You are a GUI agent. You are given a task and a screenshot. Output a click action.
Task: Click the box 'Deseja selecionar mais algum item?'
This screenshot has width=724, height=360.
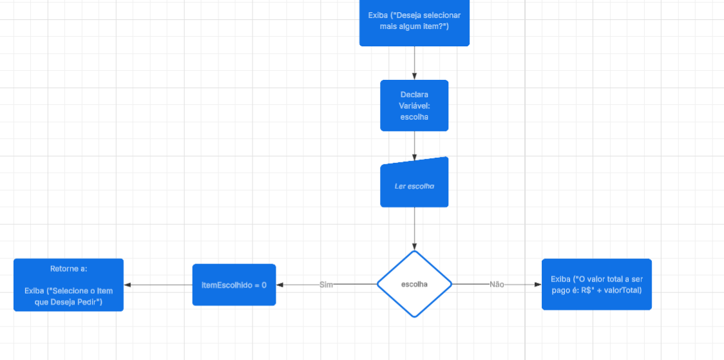tap(414, 23)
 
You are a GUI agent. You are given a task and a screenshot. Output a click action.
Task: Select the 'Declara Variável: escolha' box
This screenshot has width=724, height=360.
tap(414, 106)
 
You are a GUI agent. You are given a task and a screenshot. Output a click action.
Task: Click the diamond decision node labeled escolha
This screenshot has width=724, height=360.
tap(414, 284)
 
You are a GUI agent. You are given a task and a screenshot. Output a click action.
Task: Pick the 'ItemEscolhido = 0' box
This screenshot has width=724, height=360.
tap(234, 284)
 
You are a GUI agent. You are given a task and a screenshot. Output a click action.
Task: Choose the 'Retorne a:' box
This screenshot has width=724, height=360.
tap(68, 285)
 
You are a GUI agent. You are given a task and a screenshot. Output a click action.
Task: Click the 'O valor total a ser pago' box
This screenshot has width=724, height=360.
tap(596, 284)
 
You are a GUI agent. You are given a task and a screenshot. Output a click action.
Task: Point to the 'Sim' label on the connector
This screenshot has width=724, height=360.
tap(326, 285)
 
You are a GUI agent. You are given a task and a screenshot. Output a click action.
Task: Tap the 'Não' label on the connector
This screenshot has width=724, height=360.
tap(497, 284)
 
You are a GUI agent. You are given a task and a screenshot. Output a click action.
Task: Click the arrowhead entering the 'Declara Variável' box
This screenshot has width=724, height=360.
tap(414, 76)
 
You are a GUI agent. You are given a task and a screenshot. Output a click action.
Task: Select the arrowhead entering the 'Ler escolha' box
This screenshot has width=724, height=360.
tap(414, 157)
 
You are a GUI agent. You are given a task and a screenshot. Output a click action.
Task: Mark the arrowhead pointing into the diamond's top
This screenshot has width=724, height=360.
tap(414, 246)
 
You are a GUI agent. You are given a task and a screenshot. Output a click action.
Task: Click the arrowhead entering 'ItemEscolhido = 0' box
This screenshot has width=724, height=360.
tap(280, 285)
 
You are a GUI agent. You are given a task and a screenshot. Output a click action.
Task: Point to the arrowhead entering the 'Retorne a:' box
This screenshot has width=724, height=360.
tap(128, 285)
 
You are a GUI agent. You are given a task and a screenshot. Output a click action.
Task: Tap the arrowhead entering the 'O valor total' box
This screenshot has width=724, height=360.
tap(537, 284)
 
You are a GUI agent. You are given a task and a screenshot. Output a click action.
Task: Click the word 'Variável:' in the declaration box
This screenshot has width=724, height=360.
tap(414, 106)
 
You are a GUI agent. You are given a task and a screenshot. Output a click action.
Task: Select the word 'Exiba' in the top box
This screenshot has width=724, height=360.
tap(378, 15)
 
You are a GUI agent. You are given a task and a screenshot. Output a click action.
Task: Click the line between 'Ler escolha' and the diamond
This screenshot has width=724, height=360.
tap(414, 225)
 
